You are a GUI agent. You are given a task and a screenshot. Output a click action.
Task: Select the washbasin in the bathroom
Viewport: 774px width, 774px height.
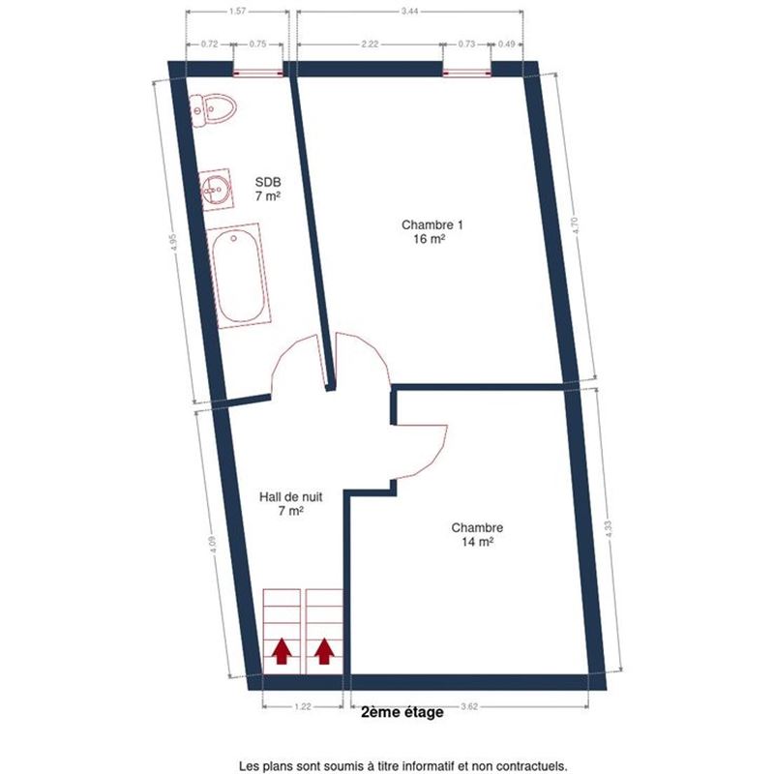[216, 190]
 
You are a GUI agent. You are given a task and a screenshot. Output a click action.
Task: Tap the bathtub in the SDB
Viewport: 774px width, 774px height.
[239, 276]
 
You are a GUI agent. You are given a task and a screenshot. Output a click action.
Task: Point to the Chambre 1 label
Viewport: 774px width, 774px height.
[432, 225]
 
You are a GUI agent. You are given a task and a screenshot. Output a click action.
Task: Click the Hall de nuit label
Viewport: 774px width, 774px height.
[291, 496]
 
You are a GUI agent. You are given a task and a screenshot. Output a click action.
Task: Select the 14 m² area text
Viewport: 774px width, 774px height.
[478, 542]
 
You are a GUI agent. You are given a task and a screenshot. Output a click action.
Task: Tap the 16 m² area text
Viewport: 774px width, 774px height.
[432, 239]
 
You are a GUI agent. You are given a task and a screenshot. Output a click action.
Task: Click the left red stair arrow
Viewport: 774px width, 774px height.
[282, 650]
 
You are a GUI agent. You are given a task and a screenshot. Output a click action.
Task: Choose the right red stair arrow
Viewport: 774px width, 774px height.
[324, 650]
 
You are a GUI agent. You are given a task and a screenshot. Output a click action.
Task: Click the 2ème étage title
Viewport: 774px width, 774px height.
[402, 712]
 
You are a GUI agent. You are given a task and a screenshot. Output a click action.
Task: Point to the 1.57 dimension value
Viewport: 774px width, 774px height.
[237, 12]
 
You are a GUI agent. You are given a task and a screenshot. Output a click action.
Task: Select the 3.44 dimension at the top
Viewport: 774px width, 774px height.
[409, 12]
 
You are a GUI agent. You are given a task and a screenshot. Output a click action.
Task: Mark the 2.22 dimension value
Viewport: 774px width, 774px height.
[370, 44]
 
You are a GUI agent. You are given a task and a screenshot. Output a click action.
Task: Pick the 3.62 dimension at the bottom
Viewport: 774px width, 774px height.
[469, 706]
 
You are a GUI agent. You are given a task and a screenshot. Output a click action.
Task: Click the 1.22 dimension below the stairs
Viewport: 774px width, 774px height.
[303, 706]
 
